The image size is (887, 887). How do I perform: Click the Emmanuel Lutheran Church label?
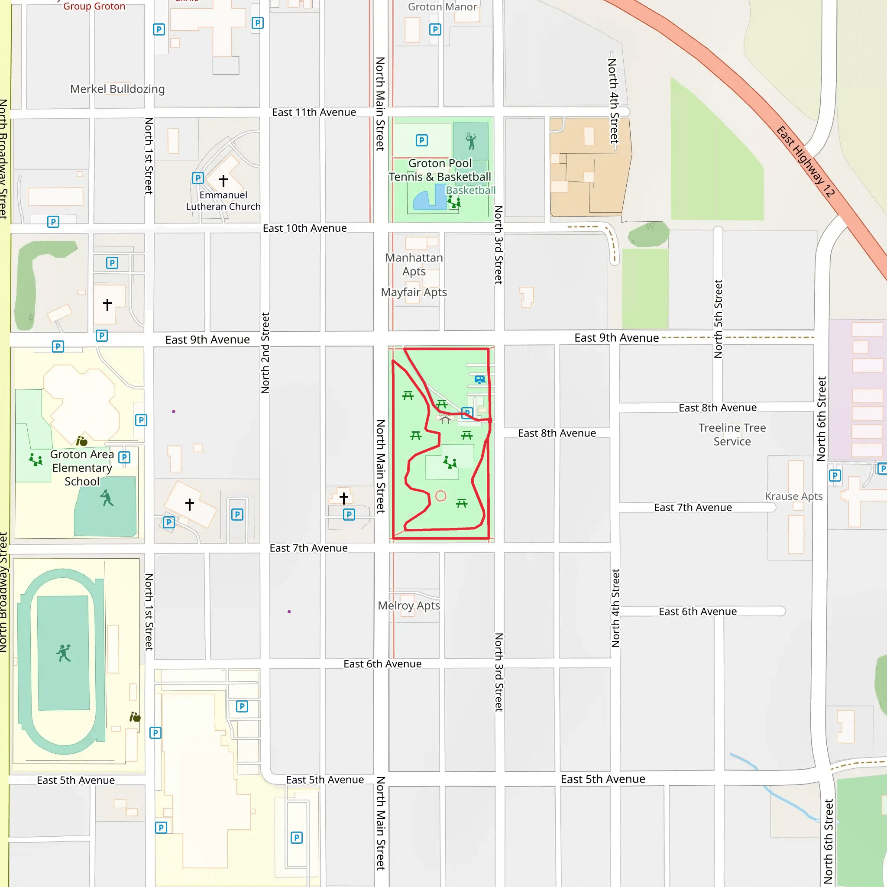(x=223, y=201)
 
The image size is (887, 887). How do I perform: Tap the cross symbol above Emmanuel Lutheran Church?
(x=223, y=181)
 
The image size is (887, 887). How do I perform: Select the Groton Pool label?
(x=440, y=163)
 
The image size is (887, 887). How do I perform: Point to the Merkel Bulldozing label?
(x=117, y=89)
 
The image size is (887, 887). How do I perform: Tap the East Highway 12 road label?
(x=805, y=162)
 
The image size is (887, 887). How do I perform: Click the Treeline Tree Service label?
(x=732, y=434)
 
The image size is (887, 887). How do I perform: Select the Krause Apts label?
(x=793, y=496)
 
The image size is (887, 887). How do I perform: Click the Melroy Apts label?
(x=408, y=605)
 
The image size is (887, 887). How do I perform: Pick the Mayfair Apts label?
(x=414, y=292)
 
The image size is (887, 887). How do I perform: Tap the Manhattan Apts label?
(x=414, y=265)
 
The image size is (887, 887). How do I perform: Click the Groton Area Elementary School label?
(x=82, y=468)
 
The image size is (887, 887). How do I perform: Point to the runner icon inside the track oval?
(x=64, y=653)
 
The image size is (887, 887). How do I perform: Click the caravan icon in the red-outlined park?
(x=480, y=380)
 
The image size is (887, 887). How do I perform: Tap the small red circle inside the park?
(x=440, y=496)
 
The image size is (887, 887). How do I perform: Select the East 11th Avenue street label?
(x=314, y=113)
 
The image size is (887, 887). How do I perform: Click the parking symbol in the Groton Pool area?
(x=421, y=140)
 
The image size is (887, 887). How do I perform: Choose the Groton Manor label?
(x=443, y=7)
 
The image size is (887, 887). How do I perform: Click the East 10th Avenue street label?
(x=304, y=228)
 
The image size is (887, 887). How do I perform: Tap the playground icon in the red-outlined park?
(x=450, y=462)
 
